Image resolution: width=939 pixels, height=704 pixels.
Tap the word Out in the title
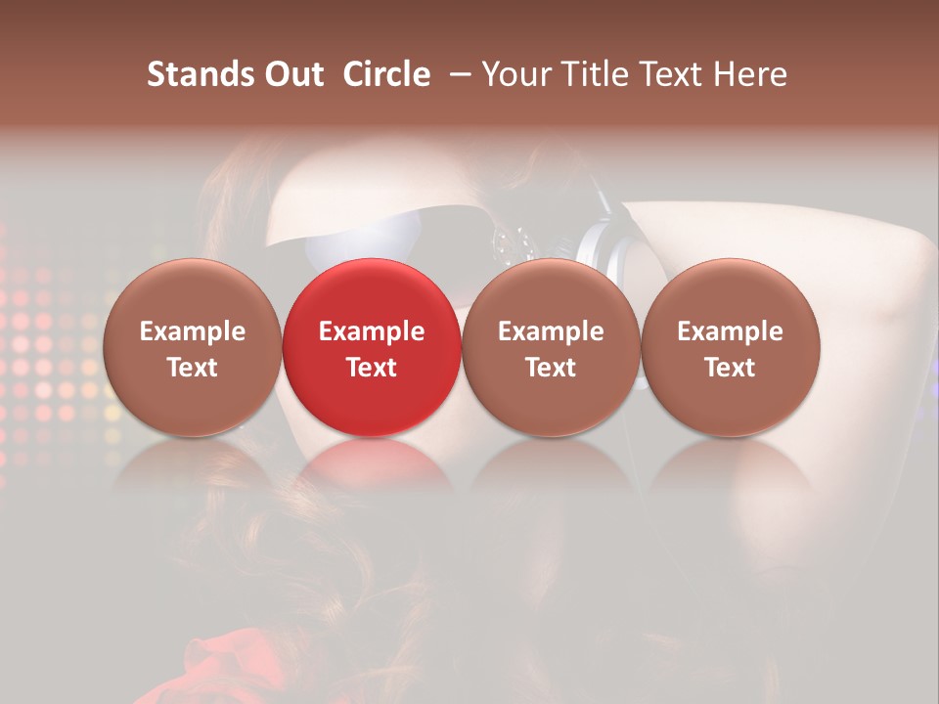292,74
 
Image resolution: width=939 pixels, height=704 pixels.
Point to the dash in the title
456,74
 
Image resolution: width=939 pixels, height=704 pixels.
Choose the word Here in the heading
751,74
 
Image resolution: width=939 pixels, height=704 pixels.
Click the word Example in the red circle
372,331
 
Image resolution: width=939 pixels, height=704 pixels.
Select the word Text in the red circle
372,368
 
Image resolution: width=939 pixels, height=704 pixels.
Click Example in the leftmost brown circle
193,331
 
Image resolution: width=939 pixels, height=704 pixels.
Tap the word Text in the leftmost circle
193,368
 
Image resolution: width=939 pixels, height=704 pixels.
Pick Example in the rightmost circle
730,331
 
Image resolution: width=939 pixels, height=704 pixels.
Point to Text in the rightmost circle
730,368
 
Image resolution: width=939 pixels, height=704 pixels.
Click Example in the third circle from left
551,331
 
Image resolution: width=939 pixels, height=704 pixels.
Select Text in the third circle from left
551,368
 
